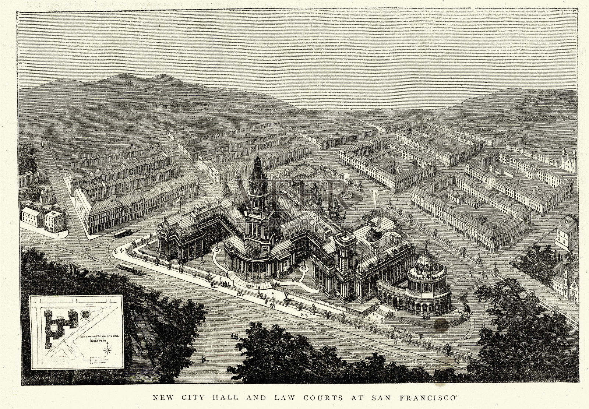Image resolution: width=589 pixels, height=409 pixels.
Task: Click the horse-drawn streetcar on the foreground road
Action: tap(127, 268)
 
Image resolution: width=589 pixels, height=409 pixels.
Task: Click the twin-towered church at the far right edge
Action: tap(567, 159)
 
